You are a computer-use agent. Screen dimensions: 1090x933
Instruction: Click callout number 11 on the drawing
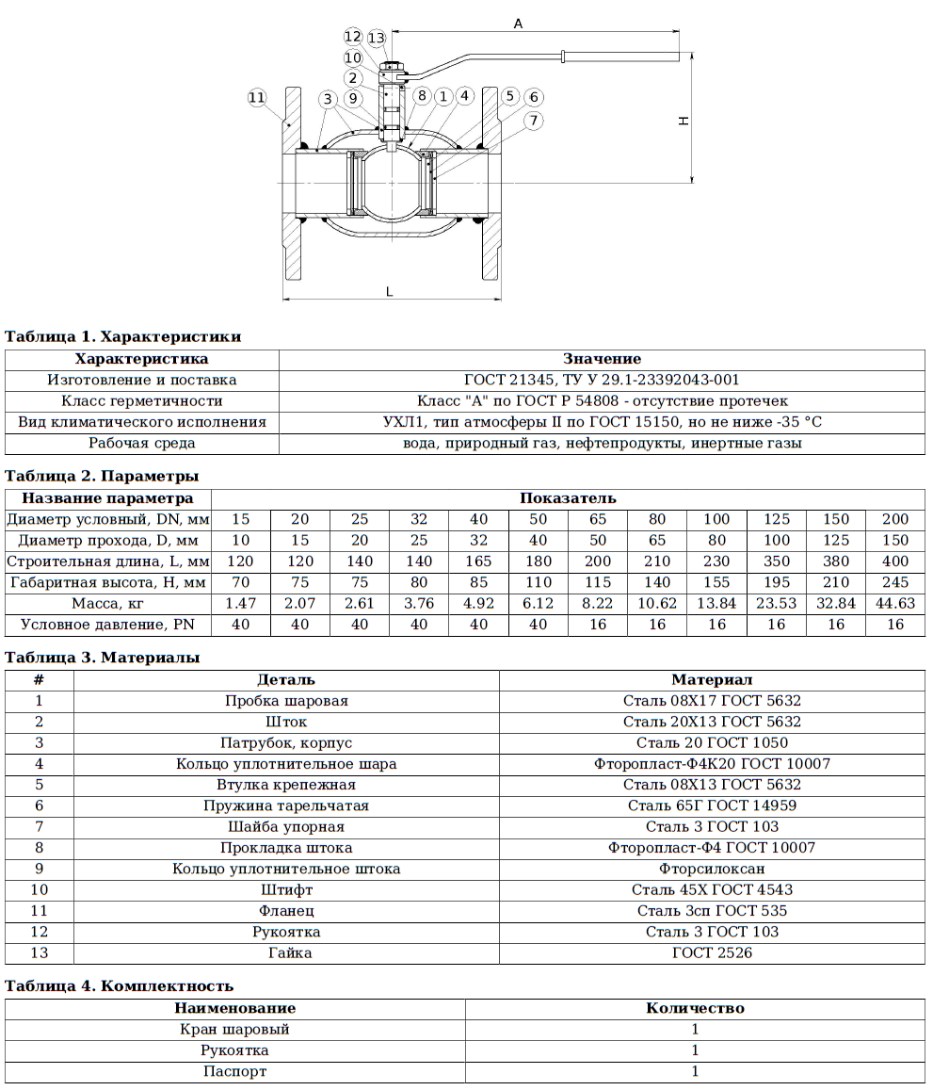[x=257, y=97]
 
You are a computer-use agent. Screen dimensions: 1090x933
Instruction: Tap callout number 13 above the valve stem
[x=377, y=38]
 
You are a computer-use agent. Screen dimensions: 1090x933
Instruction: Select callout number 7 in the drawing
[x=534, y=120]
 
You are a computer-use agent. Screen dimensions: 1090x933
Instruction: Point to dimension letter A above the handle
[x=518, y=24]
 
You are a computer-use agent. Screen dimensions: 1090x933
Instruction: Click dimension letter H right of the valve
[x=685, y=120]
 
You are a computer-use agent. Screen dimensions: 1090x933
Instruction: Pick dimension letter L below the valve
[x=390, y=292]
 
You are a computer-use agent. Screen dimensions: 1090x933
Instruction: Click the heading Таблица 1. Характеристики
[x=123, y=336]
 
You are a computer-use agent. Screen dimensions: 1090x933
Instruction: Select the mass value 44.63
[x=895, y=603]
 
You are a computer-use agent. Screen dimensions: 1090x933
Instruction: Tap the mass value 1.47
[x=241, y=603]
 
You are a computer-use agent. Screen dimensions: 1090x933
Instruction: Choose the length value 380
[x=836, y=561]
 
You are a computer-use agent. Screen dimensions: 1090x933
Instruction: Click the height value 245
[x=895, y=582]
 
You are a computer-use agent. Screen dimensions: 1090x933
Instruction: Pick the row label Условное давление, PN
[x=107, y=625]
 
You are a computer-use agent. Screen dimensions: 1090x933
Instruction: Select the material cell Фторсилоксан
[x=712, y=869]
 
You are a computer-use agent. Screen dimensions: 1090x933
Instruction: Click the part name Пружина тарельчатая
[x=286, y=805]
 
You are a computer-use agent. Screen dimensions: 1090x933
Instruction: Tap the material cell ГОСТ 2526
[x=712, y=952]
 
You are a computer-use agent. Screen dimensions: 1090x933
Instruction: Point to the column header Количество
[x=695, y=1008]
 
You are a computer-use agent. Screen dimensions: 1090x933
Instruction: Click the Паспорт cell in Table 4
[x=234, y=1071]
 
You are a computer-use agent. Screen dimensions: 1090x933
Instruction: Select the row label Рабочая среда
[x=142, y=443]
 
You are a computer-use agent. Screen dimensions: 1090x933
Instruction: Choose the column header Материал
[x=712, y=679]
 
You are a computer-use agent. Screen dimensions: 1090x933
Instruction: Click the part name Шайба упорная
[x=286, y=826]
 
